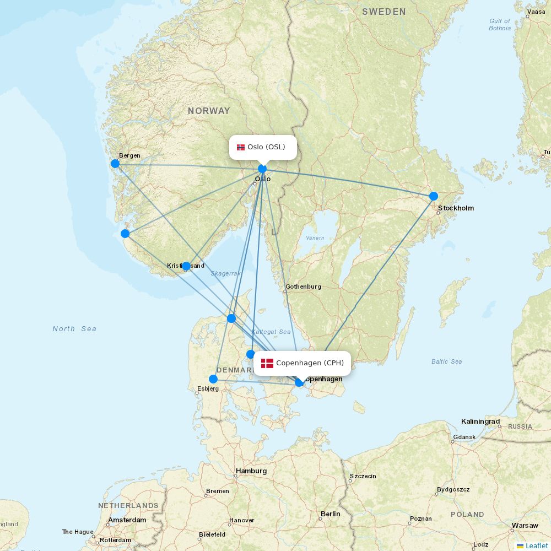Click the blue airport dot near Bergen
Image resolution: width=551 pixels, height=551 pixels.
click(x=115, y=164)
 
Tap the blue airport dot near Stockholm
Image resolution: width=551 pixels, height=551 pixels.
click(x=434, y=196)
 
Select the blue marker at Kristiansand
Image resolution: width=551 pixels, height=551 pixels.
click(x=186, y=266)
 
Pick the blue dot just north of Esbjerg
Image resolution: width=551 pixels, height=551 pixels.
click(x=213, y=379)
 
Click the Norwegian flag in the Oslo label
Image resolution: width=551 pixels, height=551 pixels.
click(x=241, y=147)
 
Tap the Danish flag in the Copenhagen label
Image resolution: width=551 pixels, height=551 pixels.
click(x=267, y=363)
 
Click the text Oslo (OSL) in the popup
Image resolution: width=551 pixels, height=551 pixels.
click(x=266, y=147)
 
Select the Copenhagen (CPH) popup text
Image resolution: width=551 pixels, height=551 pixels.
click(x=310, y=363)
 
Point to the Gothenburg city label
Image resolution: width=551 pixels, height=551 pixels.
click(x=303, y=287)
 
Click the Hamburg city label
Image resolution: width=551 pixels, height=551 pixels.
click(x=251, y=471)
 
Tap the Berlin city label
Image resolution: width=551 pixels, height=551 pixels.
click(x=330, y=514)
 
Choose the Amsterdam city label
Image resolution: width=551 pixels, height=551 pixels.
click(x=127, y=520)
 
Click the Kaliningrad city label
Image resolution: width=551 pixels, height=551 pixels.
click(x=480, y=422)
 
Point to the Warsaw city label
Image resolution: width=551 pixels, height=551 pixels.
click(x=525, y=526)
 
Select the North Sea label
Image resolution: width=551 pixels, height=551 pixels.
click(x=74, y=329)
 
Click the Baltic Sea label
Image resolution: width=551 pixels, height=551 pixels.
click(x=446, y=361)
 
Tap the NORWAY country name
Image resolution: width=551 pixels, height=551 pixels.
click(x=209, y=111)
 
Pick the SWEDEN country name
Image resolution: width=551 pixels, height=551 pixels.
click(x=384, y=12)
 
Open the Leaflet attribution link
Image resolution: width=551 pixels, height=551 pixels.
click(x=536, y=545)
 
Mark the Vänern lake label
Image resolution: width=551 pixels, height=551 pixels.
click(x=315, y=238)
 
